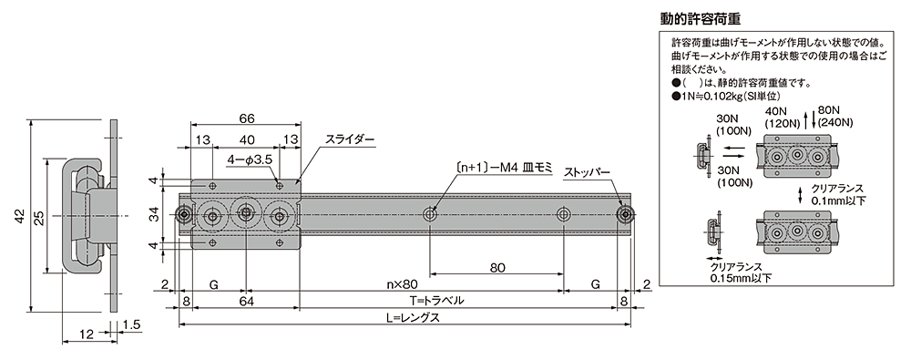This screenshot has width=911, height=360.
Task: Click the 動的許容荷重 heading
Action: (x=711, y=18)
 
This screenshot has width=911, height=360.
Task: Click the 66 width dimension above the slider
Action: (x=246, y=118)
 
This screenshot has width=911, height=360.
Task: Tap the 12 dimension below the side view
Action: (x=85, y=335)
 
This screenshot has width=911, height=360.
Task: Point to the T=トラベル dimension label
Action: (x=436, y=301)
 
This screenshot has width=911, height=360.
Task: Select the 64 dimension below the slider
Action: (x=246, y=301)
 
